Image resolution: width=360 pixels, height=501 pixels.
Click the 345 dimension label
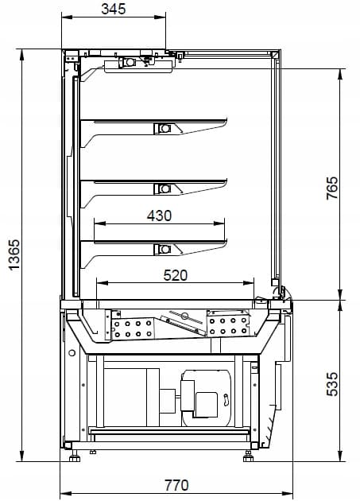(114, 9)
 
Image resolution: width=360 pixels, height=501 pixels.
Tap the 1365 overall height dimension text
(14, 255)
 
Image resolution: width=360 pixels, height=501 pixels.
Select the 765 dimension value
(332, 188)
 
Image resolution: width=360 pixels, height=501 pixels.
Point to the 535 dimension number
(332, 384)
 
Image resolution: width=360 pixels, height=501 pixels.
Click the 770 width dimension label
(176, 485)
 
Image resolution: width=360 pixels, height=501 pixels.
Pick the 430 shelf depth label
(159, 216)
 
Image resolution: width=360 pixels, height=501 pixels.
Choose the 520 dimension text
(176, 275)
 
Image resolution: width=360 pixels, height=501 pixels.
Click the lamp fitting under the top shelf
(164, 129)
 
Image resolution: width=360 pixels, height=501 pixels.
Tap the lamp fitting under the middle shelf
(164, 188)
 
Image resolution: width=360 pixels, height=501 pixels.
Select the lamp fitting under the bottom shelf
(164, 249)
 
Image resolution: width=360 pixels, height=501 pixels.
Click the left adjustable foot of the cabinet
(75, 456)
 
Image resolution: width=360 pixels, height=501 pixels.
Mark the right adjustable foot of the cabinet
(248, 456)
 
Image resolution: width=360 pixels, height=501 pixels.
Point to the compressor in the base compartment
(207, 398)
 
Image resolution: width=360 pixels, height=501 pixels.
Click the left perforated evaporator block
(133, 329)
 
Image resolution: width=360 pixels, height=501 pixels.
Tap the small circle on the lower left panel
(72, 353)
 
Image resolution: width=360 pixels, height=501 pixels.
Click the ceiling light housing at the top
(139, 65)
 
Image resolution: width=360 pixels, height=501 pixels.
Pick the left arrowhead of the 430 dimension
(99, 223)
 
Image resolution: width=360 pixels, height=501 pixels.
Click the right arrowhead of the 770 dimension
(287, 494)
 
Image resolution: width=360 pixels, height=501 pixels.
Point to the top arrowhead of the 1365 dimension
(21, 55)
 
